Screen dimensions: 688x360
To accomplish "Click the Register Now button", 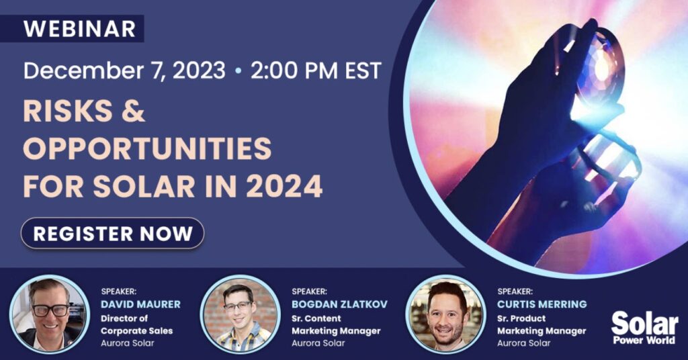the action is click(x=112, y=233).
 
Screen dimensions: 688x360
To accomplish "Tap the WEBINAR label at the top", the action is click(x=79, y=29).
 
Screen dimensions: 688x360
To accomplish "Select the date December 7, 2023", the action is click(x=124, y=71).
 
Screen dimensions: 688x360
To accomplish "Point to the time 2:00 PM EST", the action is click(x=316, y=71).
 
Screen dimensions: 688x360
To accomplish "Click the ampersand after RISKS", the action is click(x=133, y=110).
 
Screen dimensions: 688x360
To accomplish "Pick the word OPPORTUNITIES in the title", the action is click(x=147, y=148).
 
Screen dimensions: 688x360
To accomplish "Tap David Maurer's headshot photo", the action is click(x=49, y=314).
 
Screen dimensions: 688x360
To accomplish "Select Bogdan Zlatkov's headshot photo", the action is click(x=240, y=314).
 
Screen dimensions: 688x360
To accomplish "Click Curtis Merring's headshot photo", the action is click(x=446, y=314).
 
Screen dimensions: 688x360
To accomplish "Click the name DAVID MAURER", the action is click(x=140, y=304).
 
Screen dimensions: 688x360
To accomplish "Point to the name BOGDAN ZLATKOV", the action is click(x=339, y=304).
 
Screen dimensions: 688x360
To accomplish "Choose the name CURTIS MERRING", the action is click(x=542, y=304).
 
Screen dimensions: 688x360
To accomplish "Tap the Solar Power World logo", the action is click(x=644, y=328).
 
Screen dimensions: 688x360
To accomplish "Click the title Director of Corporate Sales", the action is click(x=136, y=324).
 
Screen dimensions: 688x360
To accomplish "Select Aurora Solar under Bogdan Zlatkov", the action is click(x=318, y=343).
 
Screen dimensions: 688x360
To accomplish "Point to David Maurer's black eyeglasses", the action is click(x=49, y=310).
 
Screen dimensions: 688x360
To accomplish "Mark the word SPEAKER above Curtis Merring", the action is click(x=515, y=291).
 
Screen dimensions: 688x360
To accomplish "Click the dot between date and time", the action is click(x=239, y=71).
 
